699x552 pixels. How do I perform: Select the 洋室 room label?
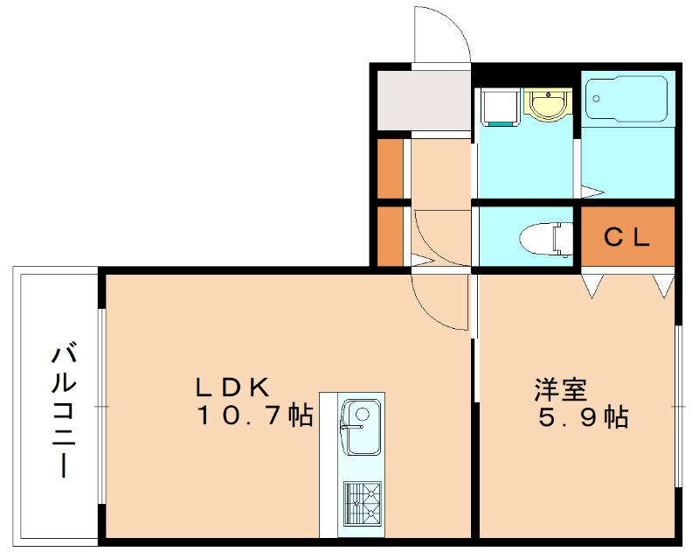[560, 388]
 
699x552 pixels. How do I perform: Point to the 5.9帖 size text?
[583, 417]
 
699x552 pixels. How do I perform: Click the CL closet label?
[628, 236]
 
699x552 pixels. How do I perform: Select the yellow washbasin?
[548, 105]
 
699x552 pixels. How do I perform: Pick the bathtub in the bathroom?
[627, 99]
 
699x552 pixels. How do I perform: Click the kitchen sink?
[359, 426]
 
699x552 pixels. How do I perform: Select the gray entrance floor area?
[425, 101]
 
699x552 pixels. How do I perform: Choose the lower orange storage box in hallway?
[390, 234]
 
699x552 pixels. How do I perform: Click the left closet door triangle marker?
[593, 283]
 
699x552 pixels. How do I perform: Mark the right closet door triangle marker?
[663, 283]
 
